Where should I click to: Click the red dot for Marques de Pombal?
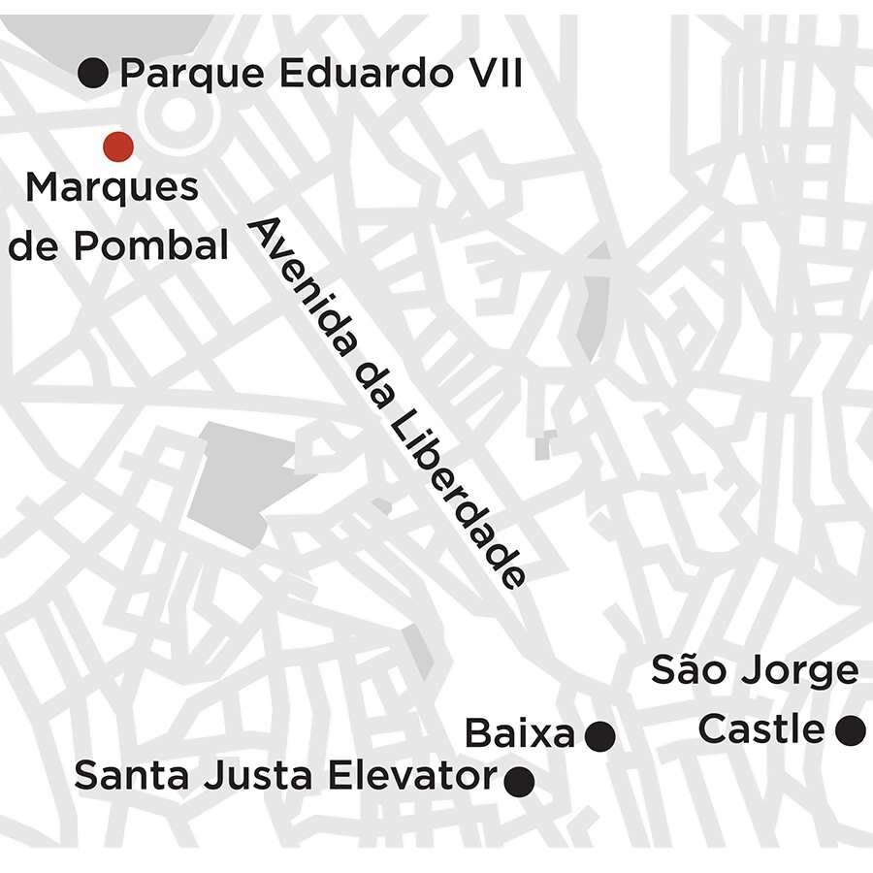(118, 146)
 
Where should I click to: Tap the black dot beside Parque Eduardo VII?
(93, 72)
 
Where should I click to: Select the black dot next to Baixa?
(600, 736)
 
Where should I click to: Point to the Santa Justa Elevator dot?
(520, 779)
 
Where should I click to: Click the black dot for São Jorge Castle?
(850, 730)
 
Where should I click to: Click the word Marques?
(112, 187)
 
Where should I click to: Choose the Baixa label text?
(520, 734)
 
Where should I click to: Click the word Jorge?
(799, 672)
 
